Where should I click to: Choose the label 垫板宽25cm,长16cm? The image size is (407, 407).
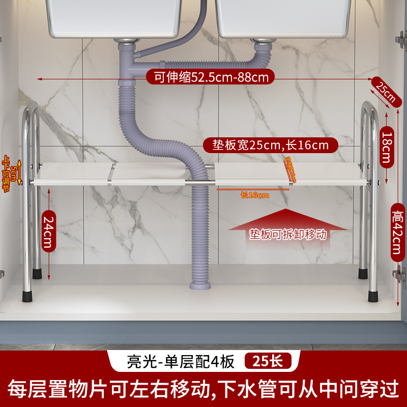pyautogui.click(x=270, y=145)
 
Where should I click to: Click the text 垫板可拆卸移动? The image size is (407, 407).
pyautogui.click(x=287, y=235)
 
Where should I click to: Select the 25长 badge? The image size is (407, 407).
pyautogui.click(x=268, y=361)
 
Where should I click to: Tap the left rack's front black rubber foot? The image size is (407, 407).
pyautogui.click(x=26, y=295)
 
